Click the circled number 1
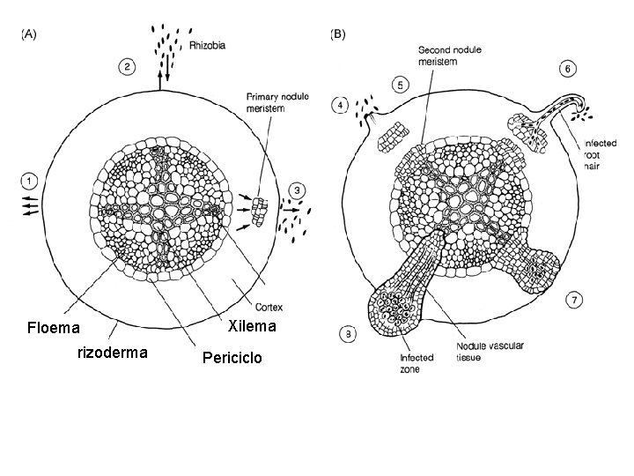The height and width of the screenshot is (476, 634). coord(29,182)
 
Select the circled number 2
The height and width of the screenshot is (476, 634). coord(128,66)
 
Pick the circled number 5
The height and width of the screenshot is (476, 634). coord(400,86)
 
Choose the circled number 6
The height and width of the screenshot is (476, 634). coord(569,68)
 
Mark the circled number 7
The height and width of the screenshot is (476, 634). coord(573,301)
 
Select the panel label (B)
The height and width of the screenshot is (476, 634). coord(337,35)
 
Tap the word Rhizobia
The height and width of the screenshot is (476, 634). coord(208,41)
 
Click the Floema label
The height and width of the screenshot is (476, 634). coord(54,329)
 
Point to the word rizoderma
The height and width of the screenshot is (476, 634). coord(113,353)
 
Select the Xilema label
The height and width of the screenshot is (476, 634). coord(252,326)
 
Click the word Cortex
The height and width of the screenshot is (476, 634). coord(269,308)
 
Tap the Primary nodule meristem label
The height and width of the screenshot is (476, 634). coord(276,102)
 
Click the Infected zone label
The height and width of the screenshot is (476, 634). coord(417,364)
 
